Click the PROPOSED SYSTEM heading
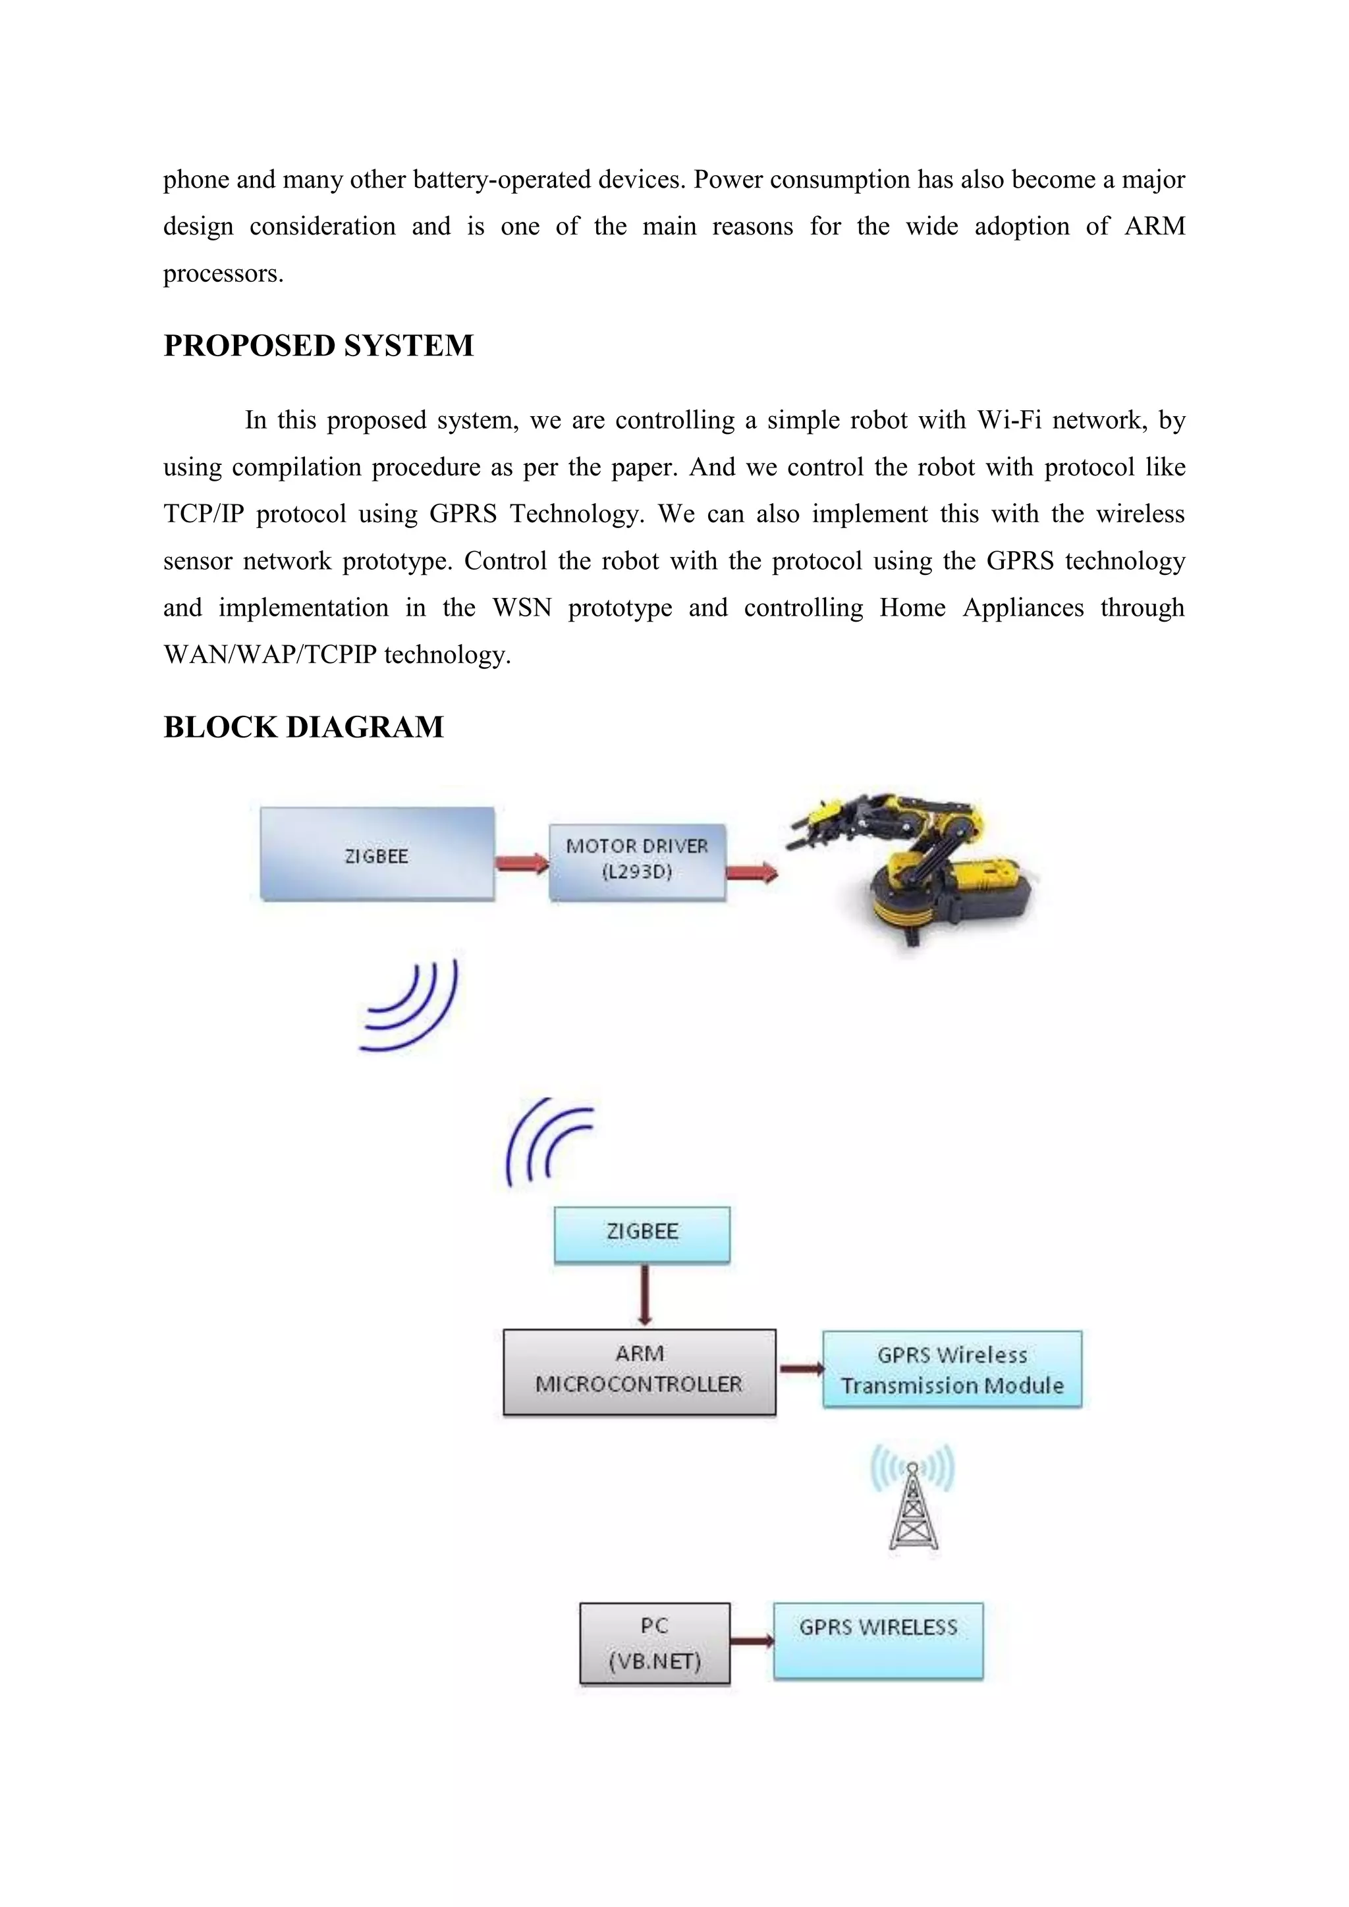click(318, 346)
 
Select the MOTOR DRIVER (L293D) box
click(637, 861)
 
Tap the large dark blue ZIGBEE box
click(377, 854)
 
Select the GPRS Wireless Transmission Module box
click(952, 1370)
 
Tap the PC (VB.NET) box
click(655, 1643)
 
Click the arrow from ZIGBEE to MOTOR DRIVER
click(522, 864)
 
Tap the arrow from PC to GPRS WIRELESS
click(752, 1640)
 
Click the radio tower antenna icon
click(913, 1503)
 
